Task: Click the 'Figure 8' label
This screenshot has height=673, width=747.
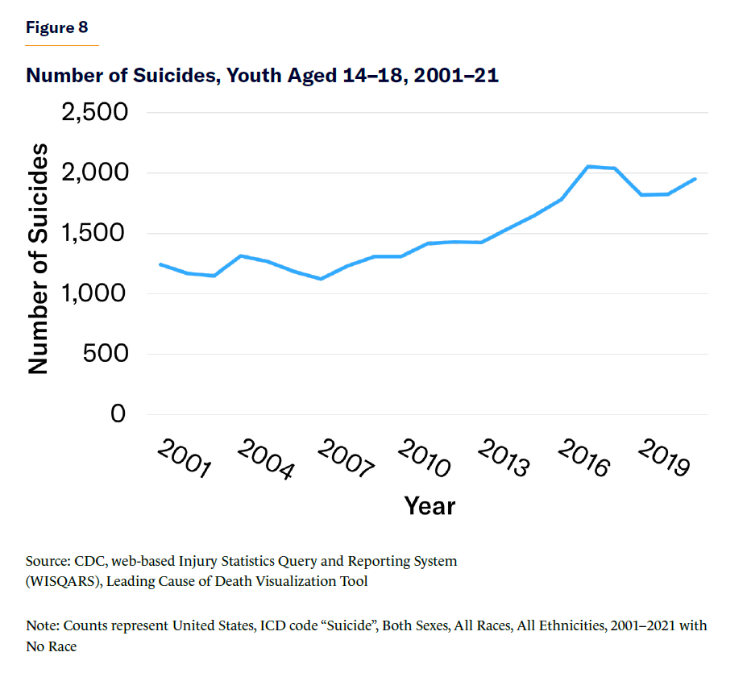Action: tap(56, 27)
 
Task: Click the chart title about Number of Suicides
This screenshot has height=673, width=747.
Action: tap(262, 76)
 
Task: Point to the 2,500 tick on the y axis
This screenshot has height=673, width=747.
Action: tap(95, 112)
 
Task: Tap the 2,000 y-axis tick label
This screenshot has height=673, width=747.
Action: tap(95, 172)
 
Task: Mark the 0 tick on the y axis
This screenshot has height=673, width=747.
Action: tap(119, 413)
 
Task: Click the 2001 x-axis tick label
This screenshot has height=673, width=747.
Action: tap(184, 459)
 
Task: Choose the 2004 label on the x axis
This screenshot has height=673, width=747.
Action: tap(264, 459)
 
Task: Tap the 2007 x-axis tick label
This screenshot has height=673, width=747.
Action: tap(345, 459)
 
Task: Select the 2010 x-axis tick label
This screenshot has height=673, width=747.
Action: tap(425, 459)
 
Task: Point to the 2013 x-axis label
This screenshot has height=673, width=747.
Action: tap(504, 459)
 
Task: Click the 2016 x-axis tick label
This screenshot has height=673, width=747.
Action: tap(584, 459)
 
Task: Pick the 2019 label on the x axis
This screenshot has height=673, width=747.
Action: tap(664, 459)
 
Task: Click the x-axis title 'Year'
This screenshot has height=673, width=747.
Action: tap(430, 506)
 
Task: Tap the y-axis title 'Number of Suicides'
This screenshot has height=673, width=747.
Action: tap(39, 259)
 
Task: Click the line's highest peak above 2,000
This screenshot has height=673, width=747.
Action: tap(589, 166)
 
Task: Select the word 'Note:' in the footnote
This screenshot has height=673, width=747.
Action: tap(43, 625)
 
